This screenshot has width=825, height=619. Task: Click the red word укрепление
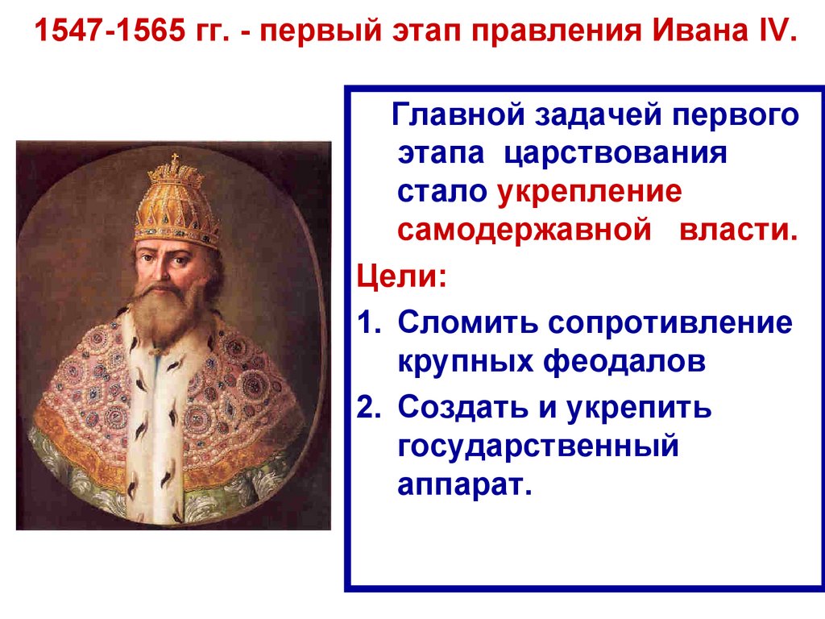tap(590, 193)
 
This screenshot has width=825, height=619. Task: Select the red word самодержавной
tap(524, 231)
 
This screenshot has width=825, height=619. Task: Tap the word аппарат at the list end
tap(464, 486)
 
